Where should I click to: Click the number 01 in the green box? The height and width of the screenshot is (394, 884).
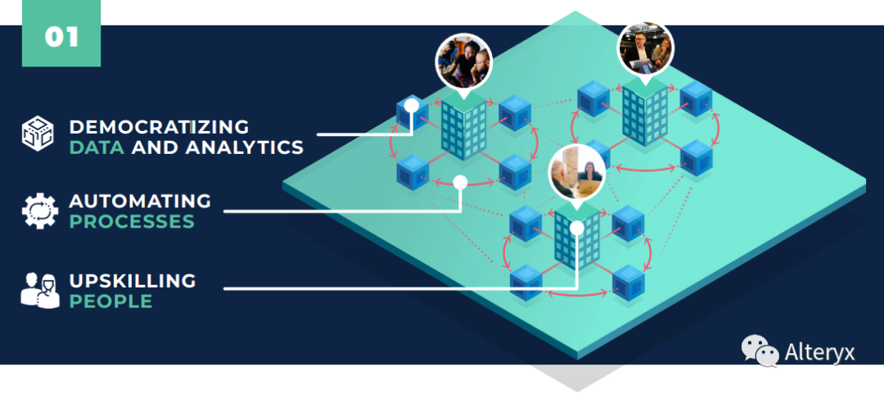click(61, 37)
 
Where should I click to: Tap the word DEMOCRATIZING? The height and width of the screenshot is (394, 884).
click(159, 126)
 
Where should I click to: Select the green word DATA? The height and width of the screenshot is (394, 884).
click(97, 147)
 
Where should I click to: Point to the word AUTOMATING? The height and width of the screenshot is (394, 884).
click(140, 201)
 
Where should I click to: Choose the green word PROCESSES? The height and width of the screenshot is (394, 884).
click(132, 221)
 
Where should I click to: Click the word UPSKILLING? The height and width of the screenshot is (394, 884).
click(133, 280)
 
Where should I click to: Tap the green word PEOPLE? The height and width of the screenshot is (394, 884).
click(111, 301)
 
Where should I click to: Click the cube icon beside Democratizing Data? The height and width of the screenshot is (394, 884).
click(38, 134)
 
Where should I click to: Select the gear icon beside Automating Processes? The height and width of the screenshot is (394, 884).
click(39, 211)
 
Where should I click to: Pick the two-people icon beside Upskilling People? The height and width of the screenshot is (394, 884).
click(40, 290)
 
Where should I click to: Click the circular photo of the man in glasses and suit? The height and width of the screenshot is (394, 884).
click(646, 49)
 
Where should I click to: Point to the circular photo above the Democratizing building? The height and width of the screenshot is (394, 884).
click(464, 61)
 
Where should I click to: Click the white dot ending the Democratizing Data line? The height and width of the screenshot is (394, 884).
click(412, 106)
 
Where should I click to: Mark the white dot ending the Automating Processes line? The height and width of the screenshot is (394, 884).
click(461, 182)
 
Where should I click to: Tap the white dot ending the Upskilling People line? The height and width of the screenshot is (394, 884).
click(577, 228)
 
